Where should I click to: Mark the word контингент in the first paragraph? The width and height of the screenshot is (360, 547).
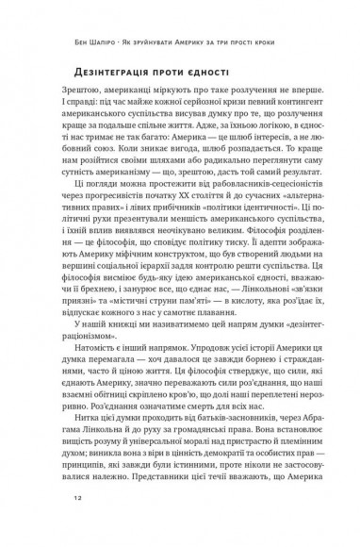(295, 128)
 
